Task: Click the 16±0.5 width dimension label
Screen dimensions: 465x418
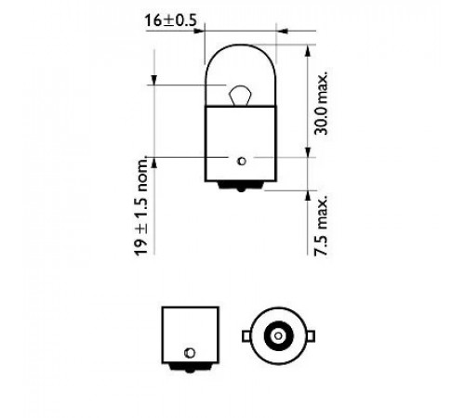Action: pyautogui.click(x=170, y=20)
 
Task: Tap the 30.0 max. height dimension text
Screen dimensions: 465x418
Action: pyautogui.click(x=321, y=103)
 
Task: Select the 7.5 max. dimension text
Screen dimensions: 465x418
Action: pyautogui.click(x=321, y=226)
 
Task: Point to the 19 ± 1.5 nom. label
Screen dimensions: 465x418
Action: pyautogui.click(x=141, y=205)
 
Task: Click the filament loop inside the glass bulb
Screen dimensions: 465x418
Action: pyautogui.click(x=240, y=95)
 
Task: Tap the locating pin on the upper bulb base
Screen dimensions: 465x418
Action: pyautogui.click(x=242, y=161)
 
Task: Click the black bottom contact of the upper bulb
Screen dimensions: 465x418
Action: pyautogui.click(x=241, y=186)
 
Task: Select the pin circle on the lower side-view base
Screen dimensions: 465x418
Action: pyautogui.click(x=190, y=353)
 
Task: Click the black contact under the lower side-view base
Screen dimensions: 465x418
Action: pyautogui.click(x=190, y=368)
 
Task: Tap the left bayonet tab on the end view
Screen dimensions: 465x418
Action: pyautogui.click(x=246, y=336)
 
